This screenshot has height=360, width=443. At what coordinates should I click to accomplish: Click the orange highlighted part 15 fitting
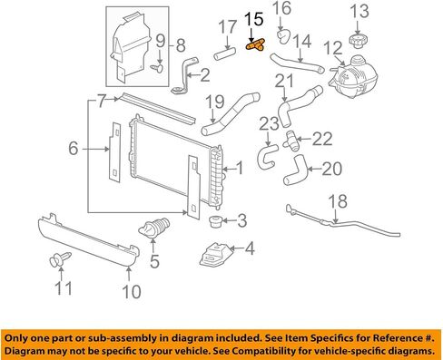[x=255, y=45]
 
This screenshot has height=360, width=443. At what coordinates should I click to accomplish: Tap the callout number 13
[x=359, y=11]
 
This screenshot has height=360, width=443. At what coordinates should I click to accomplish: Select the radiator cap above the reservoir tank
[x=359, y=41]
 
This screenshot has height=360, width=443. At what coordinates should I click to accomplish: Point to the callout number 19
[x=215, y=102]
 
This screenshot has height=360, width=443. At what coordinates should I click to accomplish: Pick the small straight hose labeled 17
[x=225, y=52]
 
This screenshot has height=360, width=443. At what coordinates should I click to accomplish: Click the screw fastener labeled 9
[x=157, y=69]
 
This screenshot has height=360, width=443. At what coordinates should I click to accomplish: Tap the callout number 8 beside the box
[x=181, y=45]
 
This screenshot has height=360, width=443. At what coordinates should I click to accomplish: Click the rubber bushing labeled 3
[x=216, y=221]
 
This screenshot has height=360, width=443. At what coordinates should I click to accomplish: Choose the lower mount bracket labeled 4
[x=214, y=255]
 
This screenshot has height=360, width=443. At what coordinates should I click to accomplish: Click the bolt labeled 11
[x=60, y=259]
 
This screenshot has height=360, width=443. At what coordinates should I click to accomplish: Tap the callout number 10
[x=132, y=292]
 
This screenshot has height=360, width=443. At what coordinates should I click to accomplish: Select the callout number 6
[x=74, y=149]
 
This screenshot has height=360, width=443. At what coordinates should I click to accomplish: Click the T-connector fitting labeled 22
[x=290, y=141]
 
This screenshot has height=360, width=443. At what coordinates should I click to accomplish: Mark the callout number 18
[x=338, y=201]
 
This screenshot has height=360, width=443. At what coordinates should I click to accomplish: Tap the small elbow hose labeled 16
[x=283, y=35]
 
